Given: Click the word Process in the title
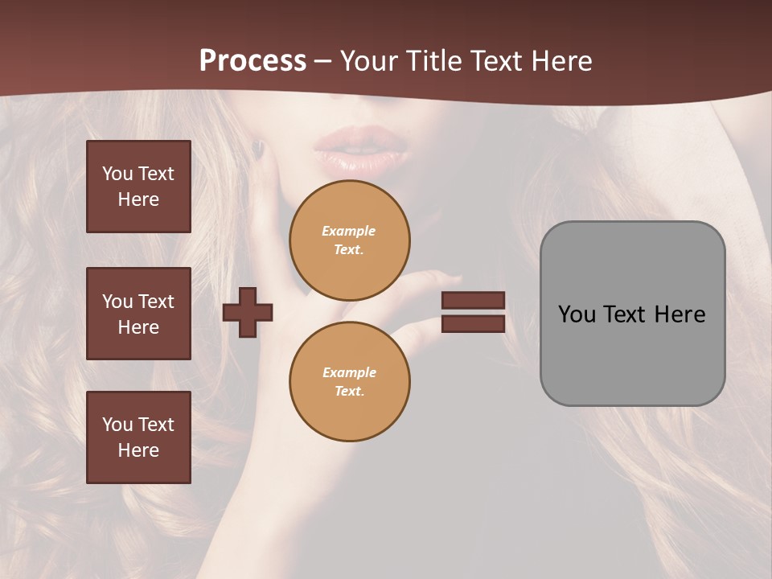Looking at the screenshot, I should click(253, 61).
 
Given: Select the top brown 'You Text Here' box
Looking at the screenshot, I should click(138, 187).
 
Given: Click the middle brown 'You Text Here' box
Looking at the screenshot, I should click(138, 314).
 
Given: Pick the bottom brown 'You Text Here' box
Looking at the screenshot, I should click(138, 437).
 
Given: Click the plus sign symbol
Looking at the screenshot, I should click(248, 312).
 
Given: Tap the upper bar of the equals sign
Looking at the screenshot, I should click(473, 300).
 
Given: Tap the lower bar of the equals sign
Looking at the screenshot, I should click(473, 323).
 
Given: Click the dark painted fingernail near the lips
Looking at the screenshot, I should click(257, 149).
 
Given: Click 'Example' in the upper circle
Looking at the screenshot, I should click(349, 231).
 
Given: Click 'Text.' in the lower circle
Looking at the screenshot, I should click(349, 391).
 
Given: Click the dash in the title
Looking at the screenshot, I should click(323, 61).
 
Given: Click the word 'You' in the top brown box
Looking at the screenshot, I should click(117, 174).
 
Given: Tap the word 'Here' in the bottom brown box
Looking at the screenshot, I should click(138, 450).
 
